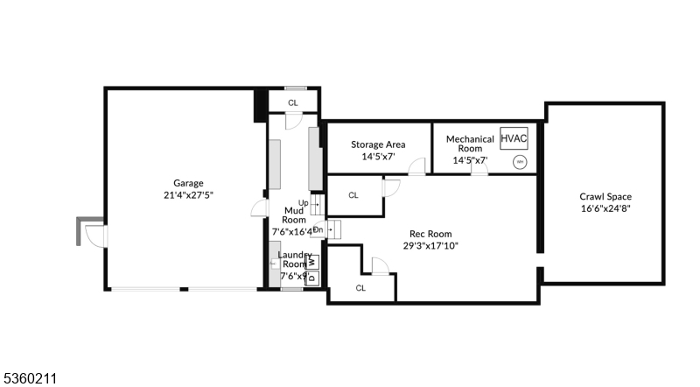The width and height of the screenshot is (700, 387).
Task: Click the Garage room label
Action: [188, 183]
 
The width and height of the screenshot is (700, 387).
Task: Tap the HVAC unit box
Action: [514, 137]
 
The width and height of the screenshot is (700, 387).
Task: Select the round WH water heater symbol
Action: [519, 161]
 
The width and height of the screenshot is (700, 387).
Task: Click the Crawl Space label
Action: [605, 197]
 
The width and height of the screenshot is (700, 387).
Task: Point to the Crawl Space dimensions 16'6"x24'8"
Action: [605, 209]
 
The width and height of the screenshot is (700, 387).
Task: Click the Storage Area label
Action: [379, 144]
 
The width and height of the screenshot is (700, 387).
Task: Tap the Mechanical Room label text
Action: [470, 144]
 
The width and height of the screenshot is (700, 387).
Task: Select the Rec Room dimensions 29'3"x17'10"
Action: [430, 246]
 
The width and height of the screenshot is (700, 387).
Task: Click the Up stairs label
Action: [303, 204]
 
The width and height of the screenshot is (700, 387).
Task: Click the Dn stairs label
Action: [318, 230]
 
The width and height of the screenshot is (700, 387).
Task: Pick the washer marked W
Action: [312, 261]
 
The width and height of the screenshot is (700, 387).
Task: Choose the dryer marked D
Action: [312, 278]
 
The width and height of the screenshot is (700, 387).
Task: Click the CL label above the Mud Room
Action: [293, 102]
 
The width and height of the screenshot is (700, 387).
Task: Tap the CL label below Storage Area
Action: [353, 195]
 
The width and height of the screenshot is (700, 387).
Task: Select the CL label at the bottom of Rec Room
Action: [361, 287]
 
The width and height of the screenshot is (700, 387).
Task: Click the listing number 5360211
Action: [31, 378]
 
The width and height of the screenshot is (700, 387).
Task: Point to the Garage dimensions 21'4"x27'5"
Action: [188, 195]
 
